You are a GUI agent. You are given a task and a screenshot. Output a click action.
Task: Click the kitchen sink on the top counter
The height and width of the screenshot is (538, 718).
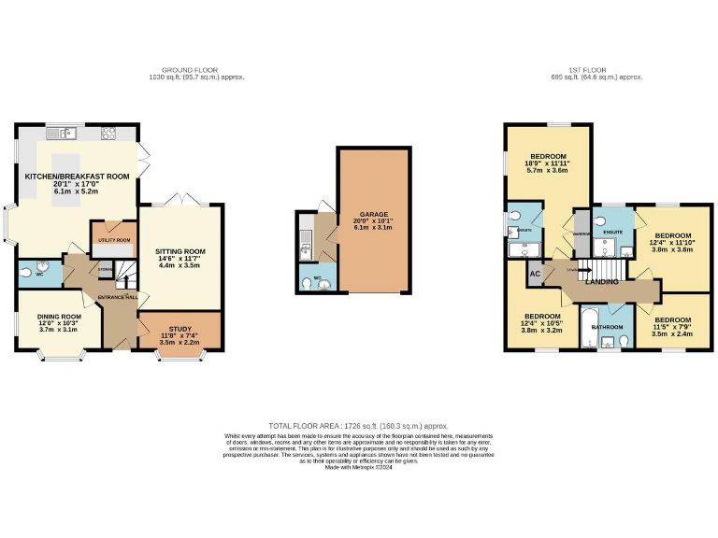pyautogui.click(x=65, y=132)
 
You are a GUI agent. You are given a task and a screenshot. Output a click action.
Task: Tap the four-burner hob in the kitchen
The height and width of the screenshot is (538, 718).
pyautogui.click(x=108, y=132)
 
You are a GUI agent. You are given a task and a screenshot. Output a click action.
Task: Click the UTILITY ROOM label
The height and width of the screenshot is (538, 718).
pyautogui.click(x=112, y=240)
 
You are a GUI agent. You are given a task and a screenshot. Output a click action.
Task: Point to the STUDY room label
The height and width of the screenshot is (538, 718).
pyautogui.click(x=179, y=329)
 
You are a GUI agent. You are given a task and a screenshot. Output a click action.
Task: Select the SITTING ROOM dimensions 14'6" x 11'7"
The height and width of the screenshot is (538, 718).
pyautogui.click(x=180, y=259)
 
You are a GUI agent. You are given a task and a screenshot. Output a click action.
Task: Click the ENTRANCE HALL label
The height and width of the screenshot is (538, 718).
pyautogui.click(x=119, y=297)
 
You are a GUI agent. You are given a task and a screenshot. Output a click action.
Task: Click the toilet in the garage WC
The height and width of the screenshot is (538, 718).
pyautogui.click(x=321, y=283)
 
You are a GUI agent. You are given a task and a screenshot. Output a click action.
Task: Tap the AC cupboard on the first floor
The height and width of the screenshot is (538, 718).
pyautogui.click(x=536, y=274)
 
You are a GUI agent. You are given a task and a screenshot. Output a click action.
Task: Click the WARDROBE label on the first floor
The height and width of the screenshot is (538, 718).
pyautogui.click(x=582, y=234)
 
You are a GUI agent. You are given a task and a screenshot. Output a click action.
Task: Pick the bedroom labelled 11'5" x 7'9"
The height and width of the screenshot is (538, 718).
pyautogui.click(x=672, y=326)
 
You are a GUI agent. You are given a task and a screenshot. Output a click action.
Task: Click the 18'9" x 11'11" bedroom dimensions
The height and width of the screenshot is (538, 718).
pyautogui.click(x=548, y=163)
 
